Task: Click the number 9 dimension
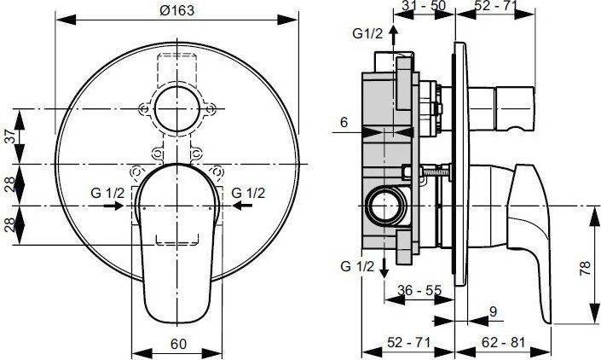coord(494,312)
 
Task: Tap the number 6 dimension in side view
coord(344,123)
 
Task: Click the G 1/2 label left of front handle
coord(108,193)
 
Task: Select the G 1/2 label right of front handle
coord(249,193)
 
